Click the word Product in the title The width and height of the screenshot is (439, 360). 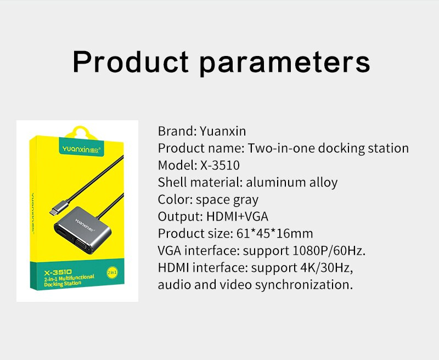(131, 62)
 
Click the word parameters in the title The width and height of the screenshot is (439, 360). (285, 64)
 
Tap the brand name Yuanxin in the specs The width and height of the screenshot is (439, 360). (223, 131)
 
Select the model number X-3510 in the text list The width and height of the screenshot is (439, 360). (220, 165)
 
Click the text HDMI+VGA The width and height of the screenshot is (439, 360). (237, 216)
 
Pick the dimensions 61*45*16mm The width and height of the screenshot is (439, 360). (275, 233)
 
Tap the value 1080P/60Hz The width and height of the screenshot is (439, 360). (329, 251)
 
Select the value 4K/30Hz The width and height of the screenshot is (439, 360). (327, 268)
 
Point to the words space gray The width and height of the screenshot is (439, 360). (227, 200)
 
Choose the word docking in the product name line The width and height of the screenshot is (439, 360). (341, 148)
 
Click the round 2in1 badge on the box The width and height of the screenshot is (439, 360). (112, 272)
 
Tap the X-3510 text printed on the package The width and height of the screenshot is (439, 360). (58, 272)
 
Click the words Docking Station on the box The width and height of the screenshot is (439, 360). (63, 284)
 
